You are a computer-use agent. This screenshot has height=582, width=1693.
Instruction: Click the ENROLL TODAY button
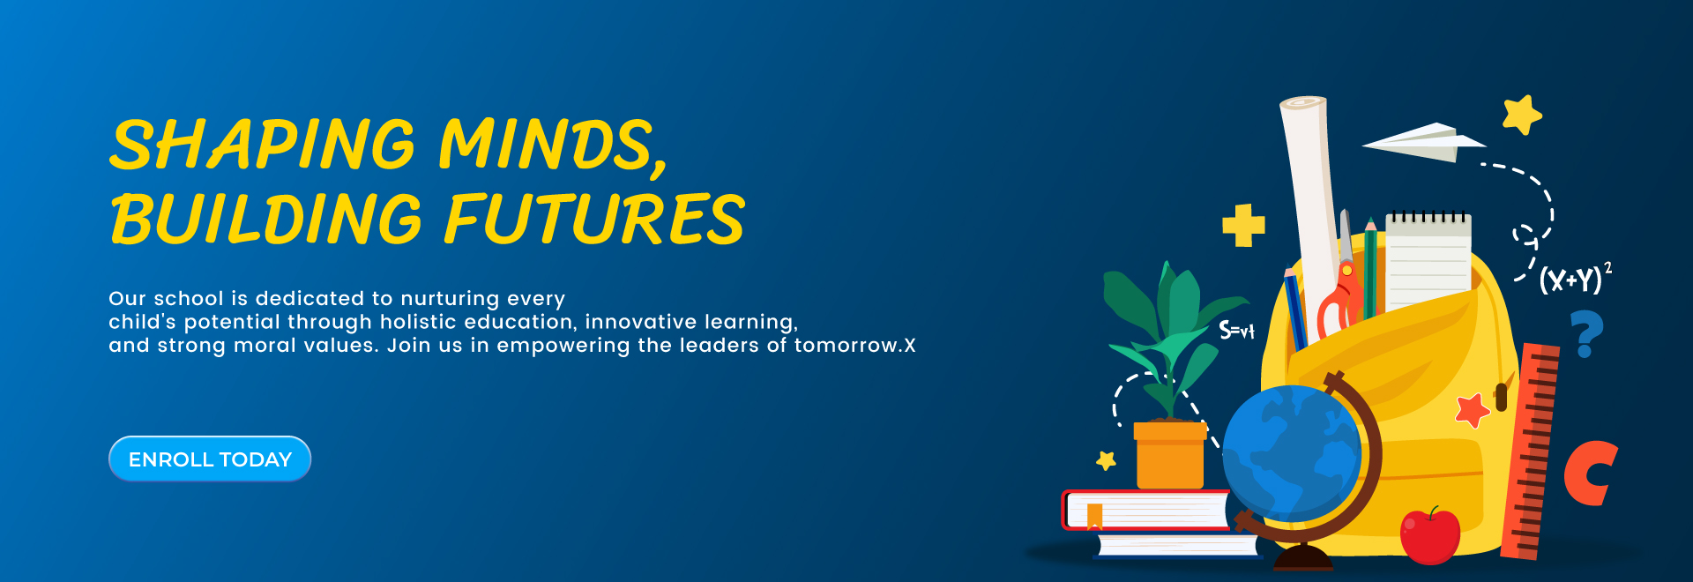(210, 459)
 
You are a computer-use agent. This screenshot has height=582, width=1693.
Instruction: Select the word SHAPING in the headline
(262, 145)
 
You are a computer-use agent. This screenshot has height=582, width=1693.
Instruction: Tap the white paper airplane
(1422, 142)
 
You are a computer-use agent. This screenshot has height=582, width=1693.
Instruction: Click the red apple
(1430, 535)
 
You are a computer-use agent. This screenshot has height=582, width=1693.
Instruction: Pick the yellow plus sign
(1243, 225)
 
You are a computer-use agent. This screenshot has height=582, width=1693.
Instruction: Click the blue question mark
(1586, 334)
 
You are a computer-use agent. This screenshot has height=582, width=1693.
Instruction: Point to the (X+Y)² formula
(1576, 278)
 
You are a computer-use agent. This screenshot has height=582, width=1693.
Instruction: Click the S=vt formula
(1236, 331)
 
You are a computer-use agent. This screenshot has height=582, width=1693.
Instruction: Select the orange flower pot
(1170, 454)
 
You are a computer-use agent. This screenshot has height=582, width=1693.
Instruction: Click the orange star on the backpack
(1472, 410)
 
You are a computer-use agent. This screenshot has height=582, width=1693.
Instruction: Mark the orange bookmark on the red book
(1095, 515)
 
